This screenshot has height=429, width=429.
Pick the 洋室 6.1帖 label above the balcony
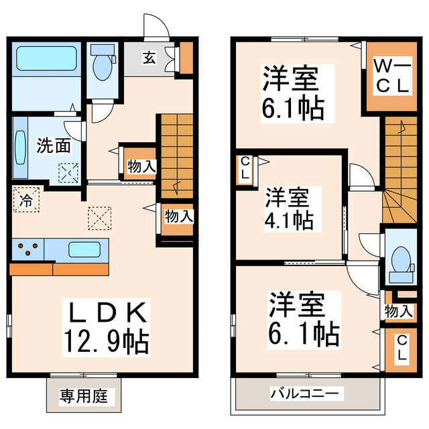pyautogui.click(x=302, y=317)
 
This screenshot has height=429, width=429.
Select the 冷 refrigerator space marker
pyautogui.click(x=25, y=199)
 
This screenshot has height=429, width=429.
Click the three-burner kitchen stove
pyautogui.click(x=27, y=251)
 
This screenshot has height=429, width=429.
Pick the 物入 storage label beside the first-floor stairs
pyautogui.click(x=141, y=166)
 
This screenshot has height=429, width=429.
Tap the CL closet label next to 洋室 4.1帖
pyautogui.click(x=245, y=168)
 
